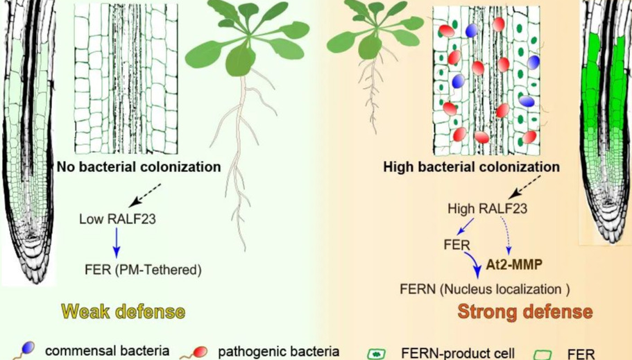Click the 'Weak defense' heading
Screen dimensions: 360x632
123,311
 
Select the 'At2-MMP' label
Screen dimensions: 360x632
514,264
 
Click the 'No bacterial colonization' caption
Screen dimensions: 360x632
139,167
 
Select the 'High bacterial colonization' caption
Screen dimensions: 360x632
471,167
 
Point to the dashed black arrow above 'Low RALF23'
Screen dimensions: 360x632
147,195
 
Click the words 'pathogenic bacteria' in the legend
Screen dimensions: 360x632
278,351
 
